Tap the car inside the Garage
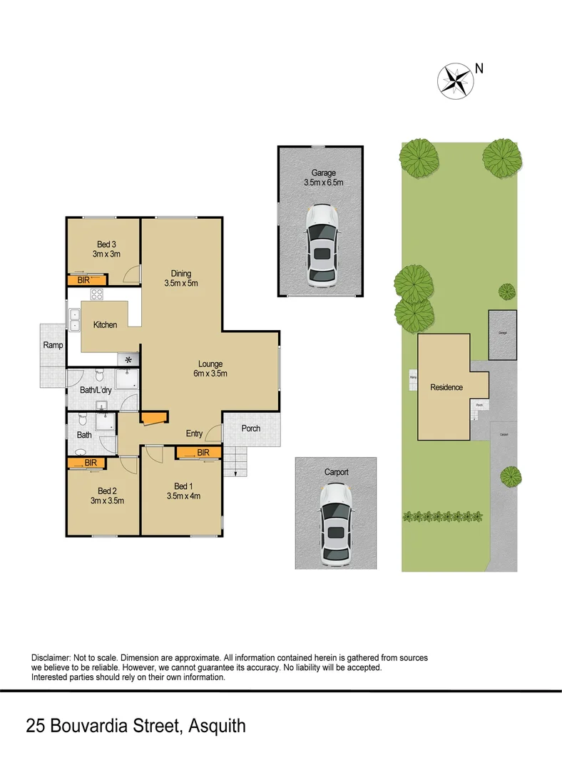pyautogui.click(x=322, y=247)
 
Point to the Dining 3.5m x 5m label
pyautogui.click(x=180, y=278)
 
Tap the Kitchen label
pyautogui.click(x=105, y=325)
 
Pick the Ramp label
pyautogui.click(x=53, y=345)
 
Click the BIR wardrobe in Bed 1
pyautogui.click(x=198, y=453)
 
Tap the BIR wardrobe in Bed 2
pyautogui.click(x=86, y=463)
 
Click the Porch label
pyautogui.click(x=251, y=428)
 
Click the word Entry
pyautogui.click(x=194, y=433)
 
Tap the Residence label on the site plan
pyautogui.click(x=446, y=388)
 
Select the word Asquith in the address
pyautogui.click(x=217, y=727)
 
